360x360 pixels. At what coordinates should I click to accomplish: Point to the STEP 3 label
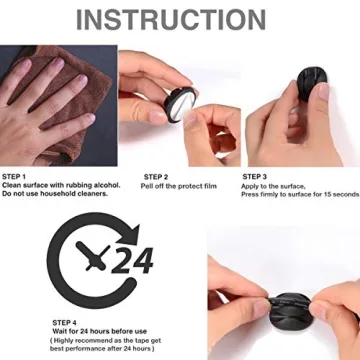(255, 177)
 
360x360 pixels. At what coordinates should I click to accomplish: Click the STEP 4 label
(65, 321)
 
